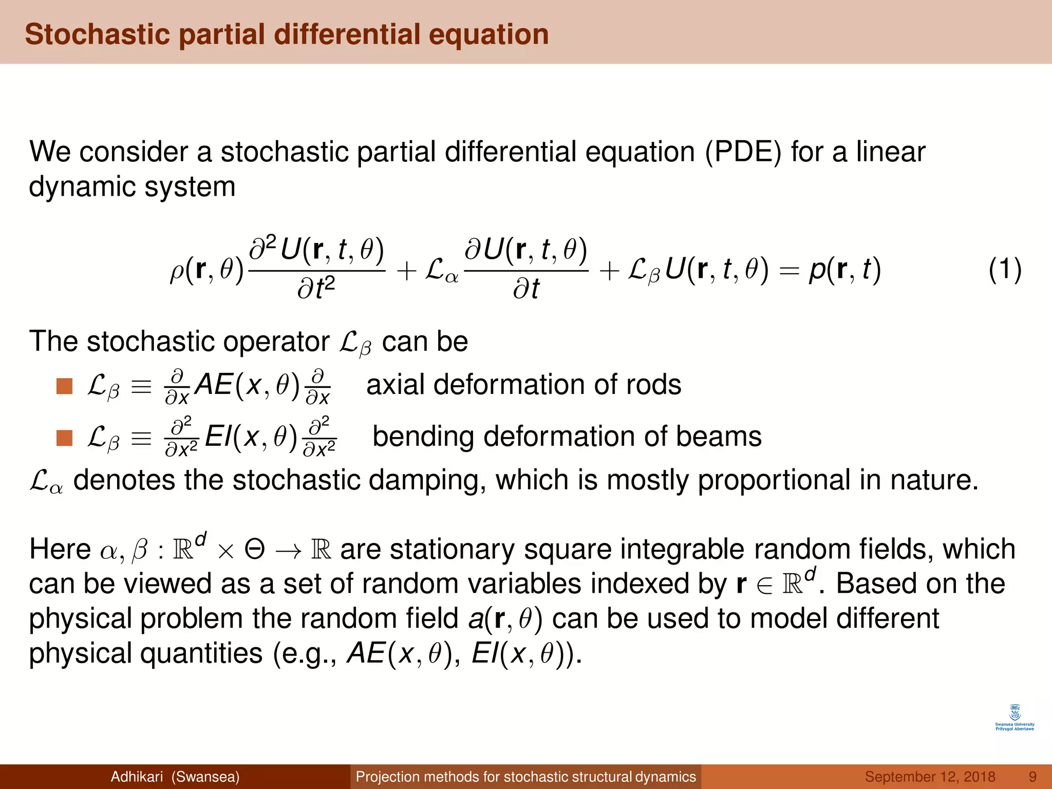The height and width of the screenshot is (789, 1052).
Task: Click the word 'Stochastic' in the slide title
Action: pyautogui.click(x=97, y=34)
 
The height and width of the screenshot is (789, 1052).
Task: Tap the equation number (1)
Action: pyautogui.click(x=1005, y=269)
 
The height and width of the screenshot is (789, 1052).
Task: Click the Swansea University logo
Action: pyautogui.click(x=1015, y=718)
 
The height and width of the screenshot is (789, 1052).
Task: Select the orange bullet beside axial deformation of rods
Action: pyautogui.click(x=64, y=386)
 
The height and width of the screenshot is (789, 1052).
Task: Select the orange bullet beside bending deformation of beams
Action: pyautogui.click(x=64, y=438)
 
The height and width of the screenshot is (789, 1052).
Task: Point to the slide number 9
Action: pyautogui.click(x=1032, y=777)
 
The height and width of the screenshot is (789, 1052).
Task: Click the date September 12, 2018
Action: pyautogui.click(x=930, y=777)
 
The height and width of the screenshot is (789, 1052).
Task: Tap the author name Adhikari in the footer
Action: pyautogui.click(x=137, y=777)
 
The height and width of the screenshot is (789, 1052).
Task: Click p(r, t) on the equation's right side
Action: pyautogui.click(x=845, y=269)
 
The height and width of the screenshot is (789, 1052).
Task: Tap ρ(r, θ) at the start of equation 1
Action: pyautogui.click(x=206, y=269)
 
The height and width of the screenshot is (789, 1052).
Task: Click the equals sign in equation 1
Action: pyautogui.click(x=788, y=270)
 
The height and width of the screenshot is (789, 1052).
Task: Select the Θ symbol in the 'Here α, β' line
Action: pyautogui.click(x=254, y=549)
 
